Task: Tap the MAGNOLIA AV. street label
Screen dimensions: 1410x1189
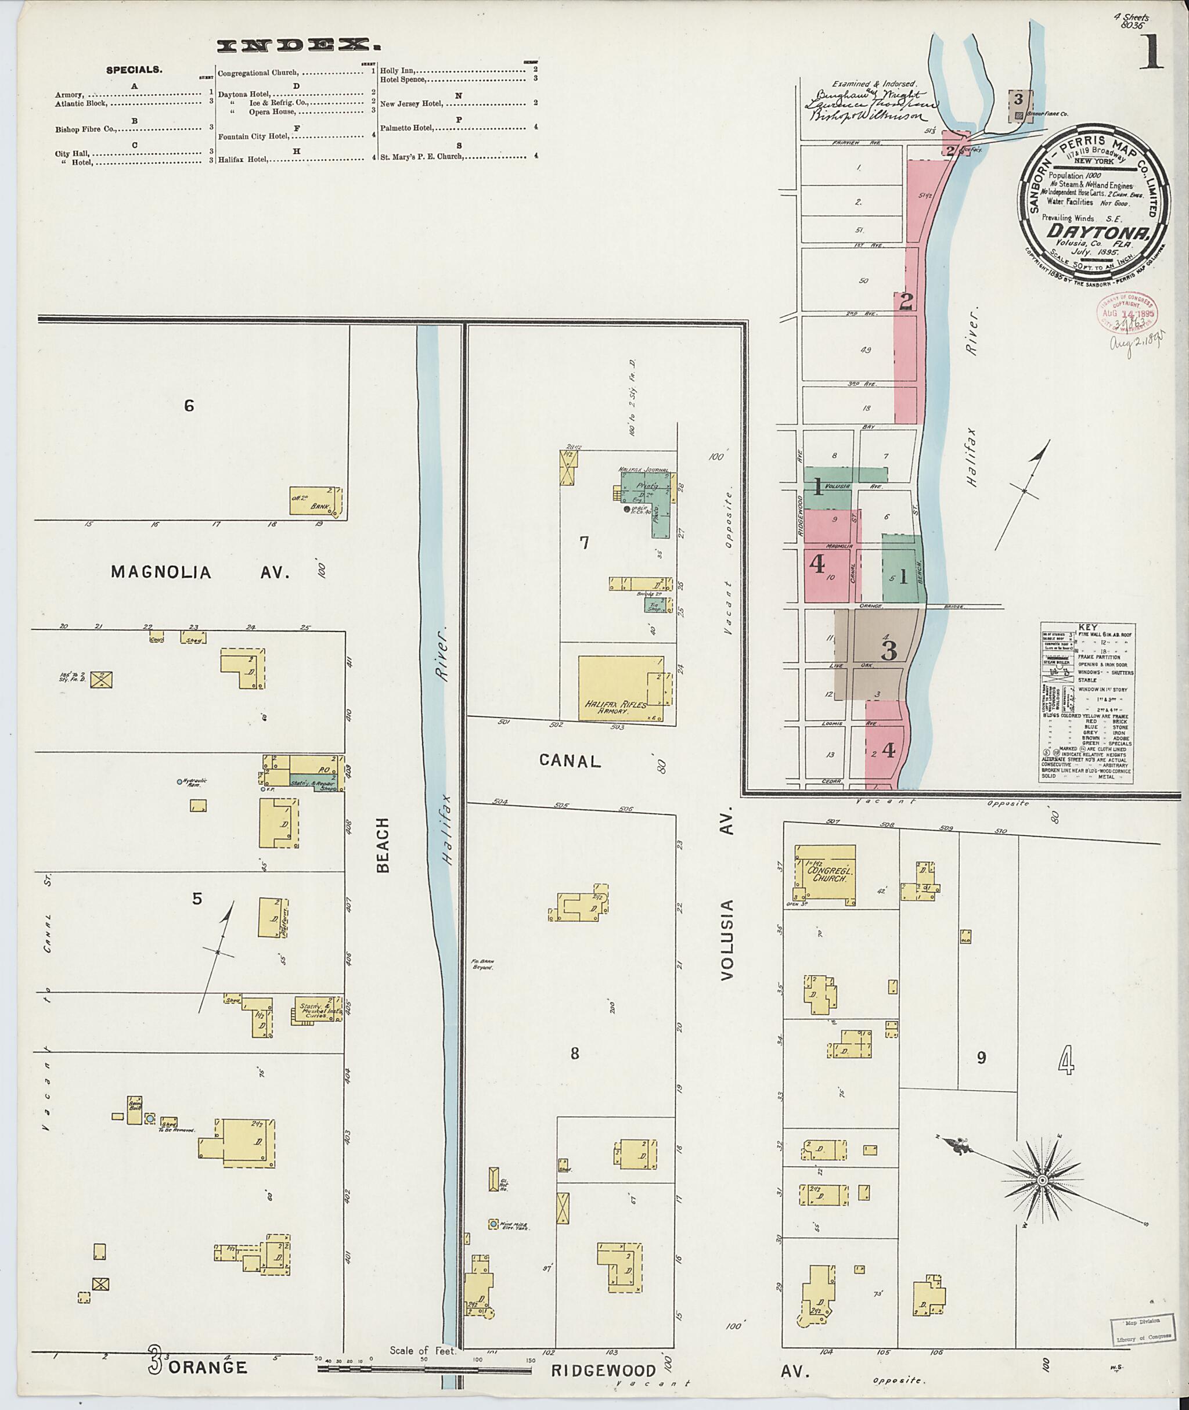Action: click(x=200, y=573)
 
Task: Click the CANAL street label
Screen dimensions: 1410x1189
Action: click(x=570, y=761)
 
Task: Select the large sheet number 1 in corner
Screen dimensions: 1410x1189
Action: click(x=1152, y=55)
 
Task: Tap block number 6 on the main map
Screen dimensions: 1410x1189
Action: click(x=189, y=405)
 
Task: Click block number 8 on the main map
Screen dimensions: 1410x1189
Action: click(x=574, y=1053)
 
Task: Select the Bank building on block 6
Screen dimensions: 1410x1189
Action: click(x=315, y=501)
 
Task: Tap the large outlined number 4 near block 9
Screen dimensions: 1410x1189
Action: click(x=1066, y=1063)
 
